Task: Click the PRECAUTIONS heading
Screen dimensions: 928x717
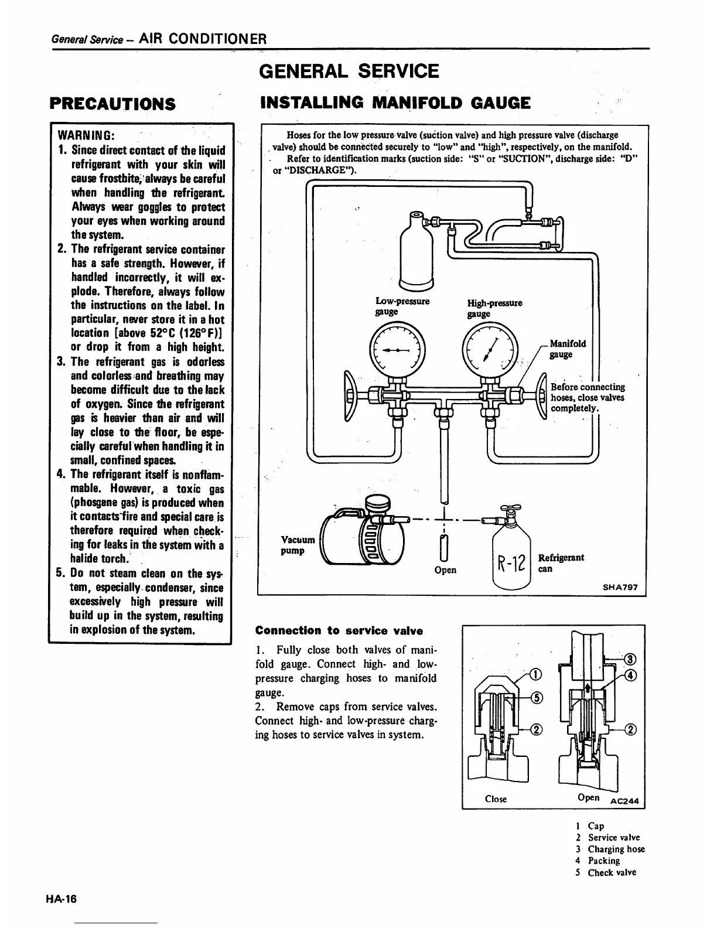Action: pos(112,104)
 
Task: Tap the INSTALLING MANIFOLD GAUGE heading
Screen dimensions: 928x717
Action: pos(395,103)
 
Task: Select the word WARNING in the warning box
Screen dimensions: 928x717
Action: pos(89,136)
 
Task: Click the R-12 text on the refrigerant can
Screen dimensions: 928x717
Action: pos(512,566)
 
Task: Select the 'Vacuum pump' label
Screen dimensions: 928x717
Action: pos(298,545)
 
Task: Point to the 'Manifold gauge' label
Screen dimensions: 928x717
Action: pos(567,349)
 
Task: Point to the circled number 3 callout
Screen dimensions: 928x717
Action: pos(630,659)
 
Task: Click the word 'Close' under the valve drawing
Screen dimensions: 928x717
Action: pos(496,799)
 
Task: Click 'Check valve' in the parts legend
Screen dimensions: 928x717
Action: pos(612,872)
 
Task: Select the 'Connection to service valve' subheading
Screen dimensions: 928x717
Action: pos(339,631)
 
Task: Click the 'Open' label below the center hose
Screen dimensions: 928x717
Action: pos(445,569)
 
